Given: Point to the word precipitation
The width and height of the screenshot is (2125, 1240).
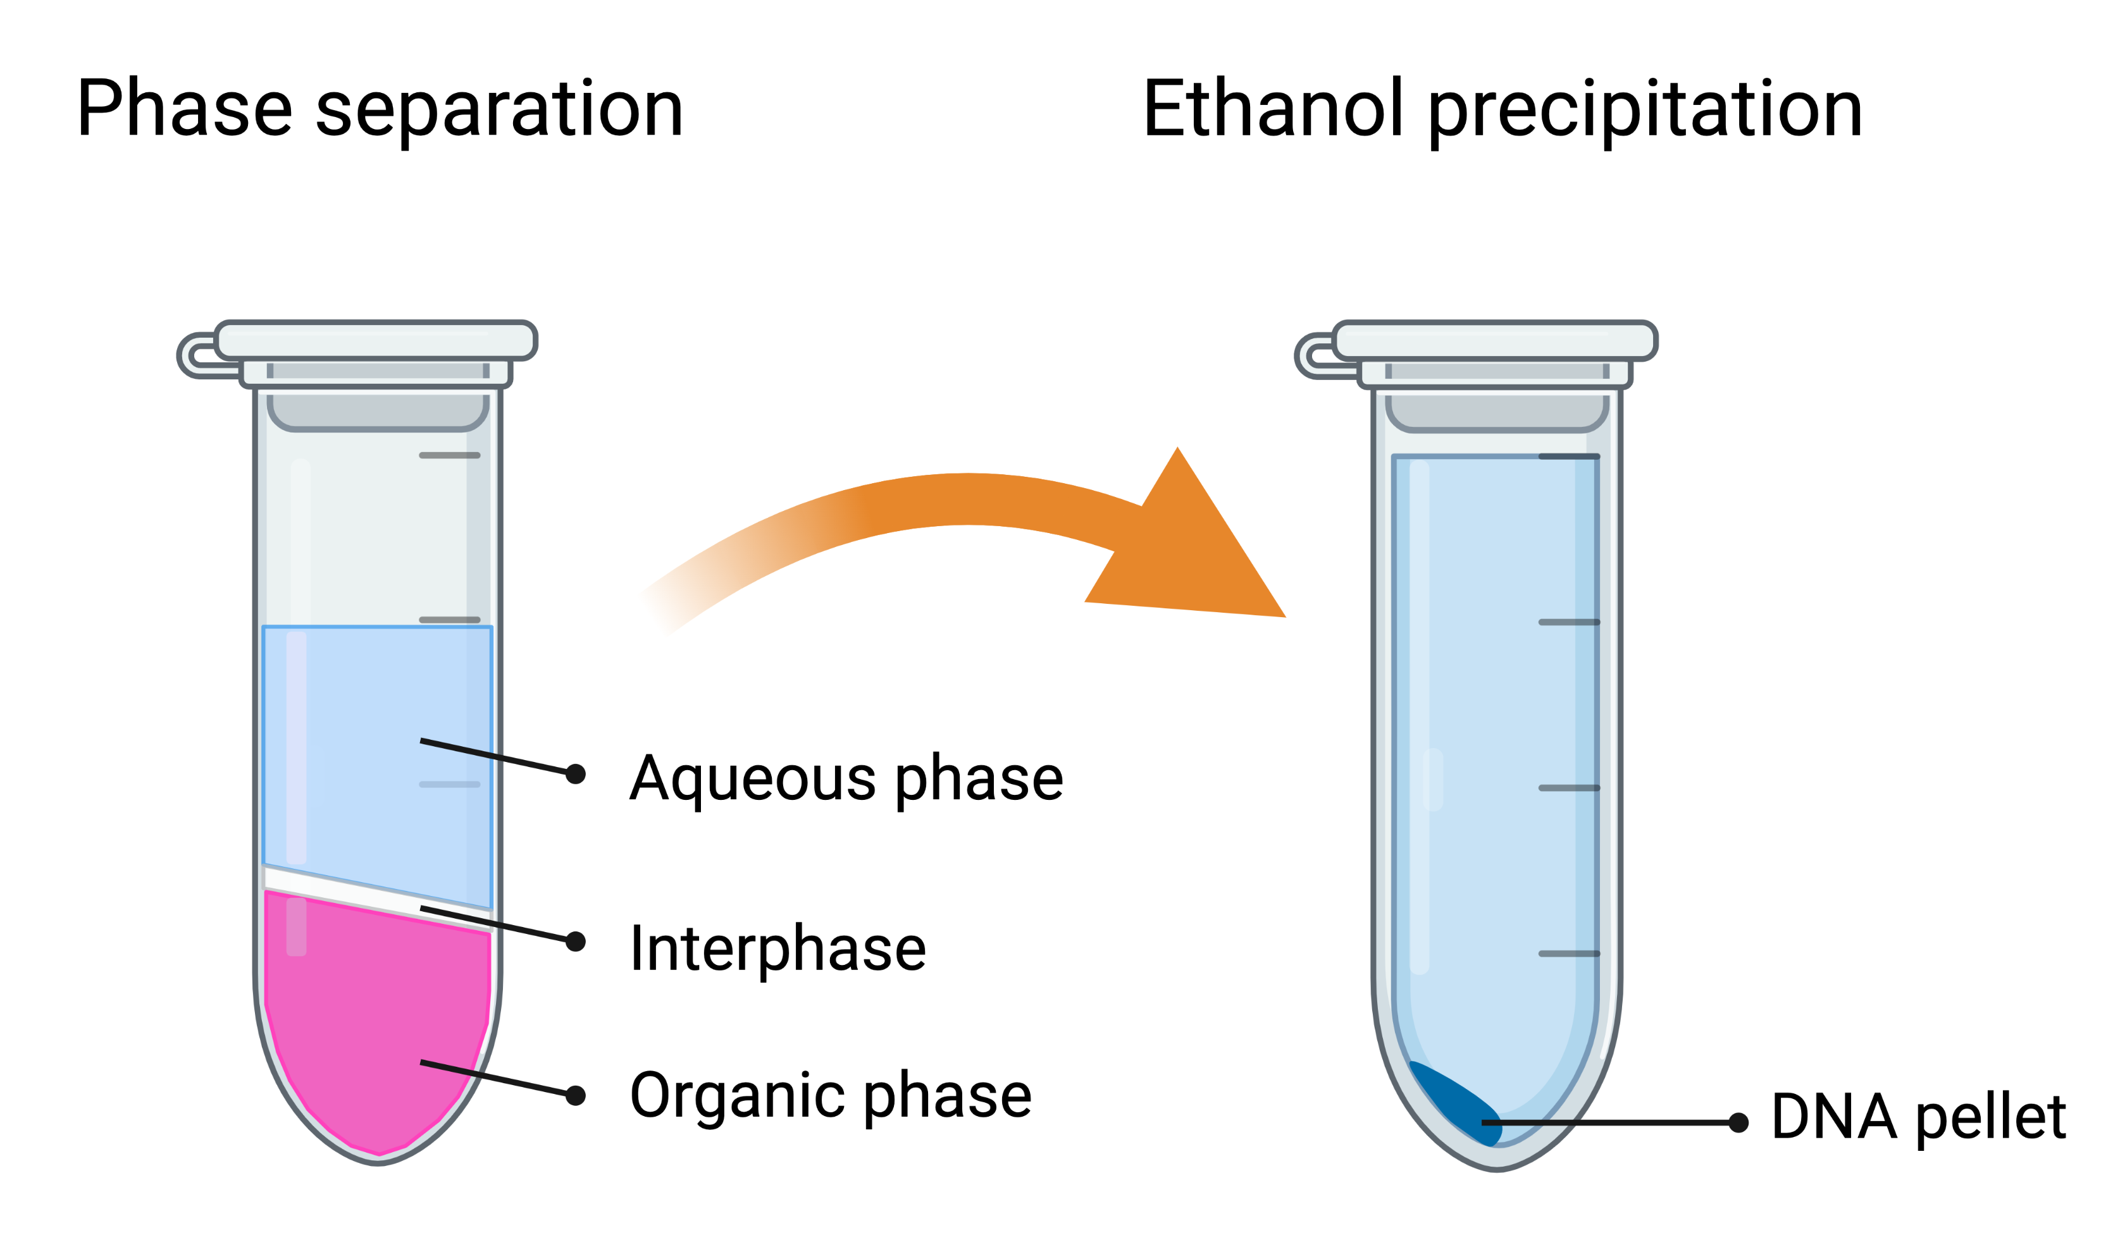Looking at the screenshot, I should click(1644, 111).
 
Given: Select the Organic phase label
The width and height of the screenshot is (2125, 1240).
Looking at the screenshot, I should click(831, 1096).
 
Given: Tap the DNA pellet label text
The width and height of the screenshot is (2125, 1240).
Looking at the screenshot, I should click(1918, 1117).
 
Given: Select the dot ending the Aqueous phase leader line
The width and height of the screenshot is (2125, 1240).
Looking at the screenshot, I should click(575, 774).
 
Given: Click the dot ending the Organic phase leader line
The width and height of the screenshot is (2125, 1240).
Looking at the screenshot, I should click(575, 1095).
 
